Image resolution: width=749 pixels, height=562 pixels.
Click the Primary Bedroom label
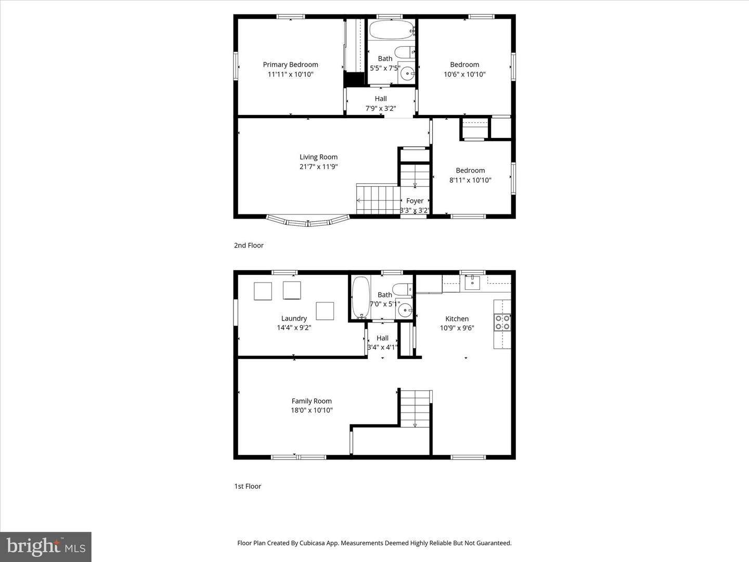[x=290, y=65]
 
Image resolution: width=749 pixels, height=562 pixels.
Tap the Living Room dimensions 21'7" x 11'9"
[x=318, y=167]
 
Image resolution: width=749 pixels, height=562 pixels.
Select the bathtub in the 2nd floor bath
[x=391, y=30]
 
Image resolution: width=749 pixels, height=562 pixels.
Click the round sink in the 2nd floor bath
[x=407, y=74]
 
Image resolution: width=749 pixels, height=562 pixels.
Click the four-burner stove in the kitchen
[x=502, y=323]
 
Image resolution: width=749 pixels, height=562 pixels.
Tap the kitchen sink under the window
[x=472, y=282]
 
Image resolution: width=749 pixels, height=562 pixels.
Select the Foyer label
[x=415, y=201]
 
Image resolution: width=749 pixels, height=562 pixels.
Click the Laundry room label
[x=294, y=318]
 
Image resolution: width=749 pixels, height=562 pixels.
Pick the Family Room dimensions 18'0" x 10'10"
[x=312, y=410]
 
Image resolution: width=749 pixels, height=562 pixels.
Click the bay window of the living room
[x=308, y=222]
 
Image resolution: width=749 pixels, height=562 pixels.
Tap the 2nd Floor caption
[x=249, y=245]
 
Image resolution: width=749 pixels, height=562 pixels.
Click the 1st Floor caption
[x=248, y=486]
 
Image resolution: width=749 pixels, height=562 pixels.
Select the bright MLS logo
[x=46, y=546]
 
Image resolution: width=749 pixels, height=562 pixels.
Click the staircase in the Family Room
[x=415, y=408]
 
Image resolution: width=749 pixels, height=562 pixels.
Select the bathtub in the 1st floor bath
[x=360, y=297]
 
